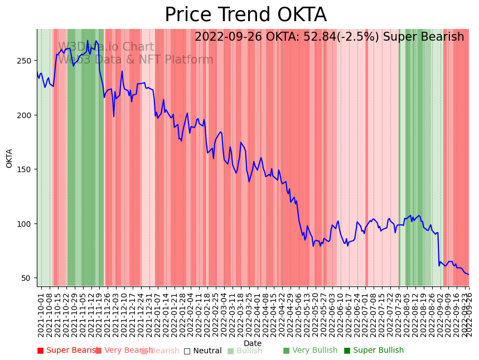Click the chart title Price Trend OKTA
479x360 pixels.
click(x=245, y=15)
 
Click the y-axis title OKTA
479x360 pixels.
click(x=9, y=158)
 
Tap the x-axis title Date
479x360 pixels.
click(x=253, y=343)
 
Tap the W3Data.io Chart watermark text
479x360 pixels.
click(x=106, y=47)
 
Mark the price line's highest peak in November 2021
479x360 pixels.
click(x=88, y=41)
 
